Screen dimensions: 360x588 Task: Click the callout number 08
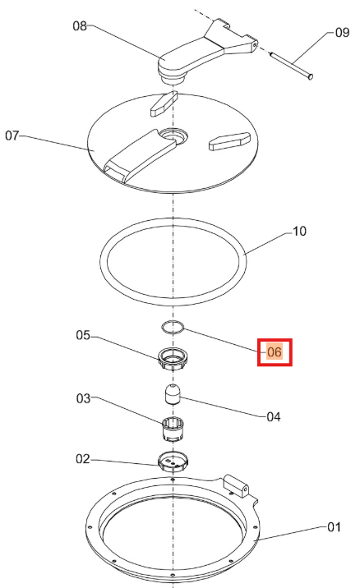tap(80, 26)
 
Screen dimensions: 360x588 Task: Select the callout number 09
tap(342, 33)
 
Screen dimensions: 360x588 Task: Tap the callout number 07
tap(12, 136)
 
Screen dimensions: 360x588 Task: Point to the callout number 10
tap(299, 232)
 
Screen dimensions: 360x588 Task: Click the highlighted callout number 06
tap(275, 352)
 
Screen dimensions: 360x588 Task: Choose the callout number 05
tap(83, 335)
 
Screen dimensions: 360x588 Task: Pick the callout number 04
tap(273, 416)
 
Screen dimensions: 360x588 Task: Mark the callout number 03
tap(83, 398)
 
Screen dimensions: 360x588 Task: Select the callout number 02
tap(83, 459)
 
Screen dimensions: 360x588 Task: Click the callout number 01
tap(334, 527)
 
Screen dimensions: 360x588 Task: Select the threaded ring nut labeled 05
tap(173, 359)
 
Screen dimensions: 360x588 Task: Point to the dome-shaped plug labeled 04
tap(173, 393)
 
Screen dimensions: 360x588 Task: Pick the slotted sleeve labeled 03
tap(173, 429)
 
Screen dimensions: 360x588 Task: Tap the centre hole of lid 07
tap(173, 135)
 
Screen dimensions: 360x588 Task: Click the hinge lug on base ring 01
tap(236, 485)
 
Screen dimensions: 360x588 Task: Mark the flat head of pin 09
tap(311, 76)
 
